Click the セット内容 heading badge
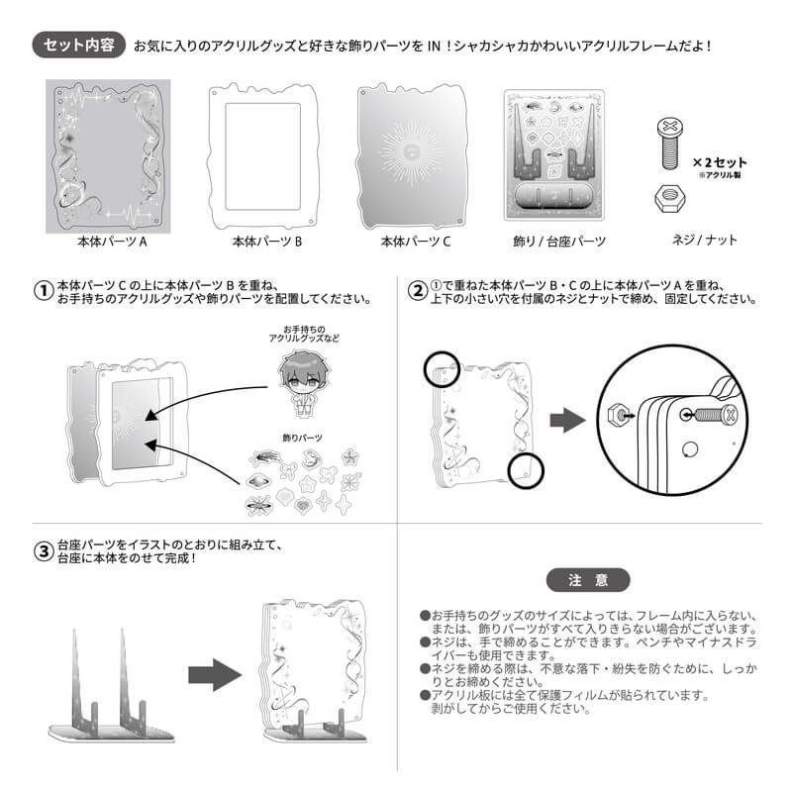78,45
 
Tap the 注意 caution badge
588,580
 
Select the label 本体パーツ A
112,242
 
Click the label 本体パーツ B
266,242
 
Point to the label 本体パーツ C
415,242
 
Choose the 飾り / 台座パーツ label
559,242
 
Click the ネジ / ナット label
704,240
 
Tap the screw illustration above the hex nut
670,144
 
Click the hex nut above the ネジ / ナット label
670,199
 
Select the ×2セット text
720,162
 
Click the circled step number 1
44,291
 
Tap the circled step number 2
418,291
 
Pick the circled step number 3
44,551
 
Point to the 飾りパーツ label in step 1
302,438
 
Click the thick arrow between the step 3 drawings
214,675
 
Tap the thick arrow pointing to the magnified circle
567,420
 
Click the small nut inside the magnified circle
616,415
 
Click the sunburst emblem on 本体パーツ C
411,151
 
